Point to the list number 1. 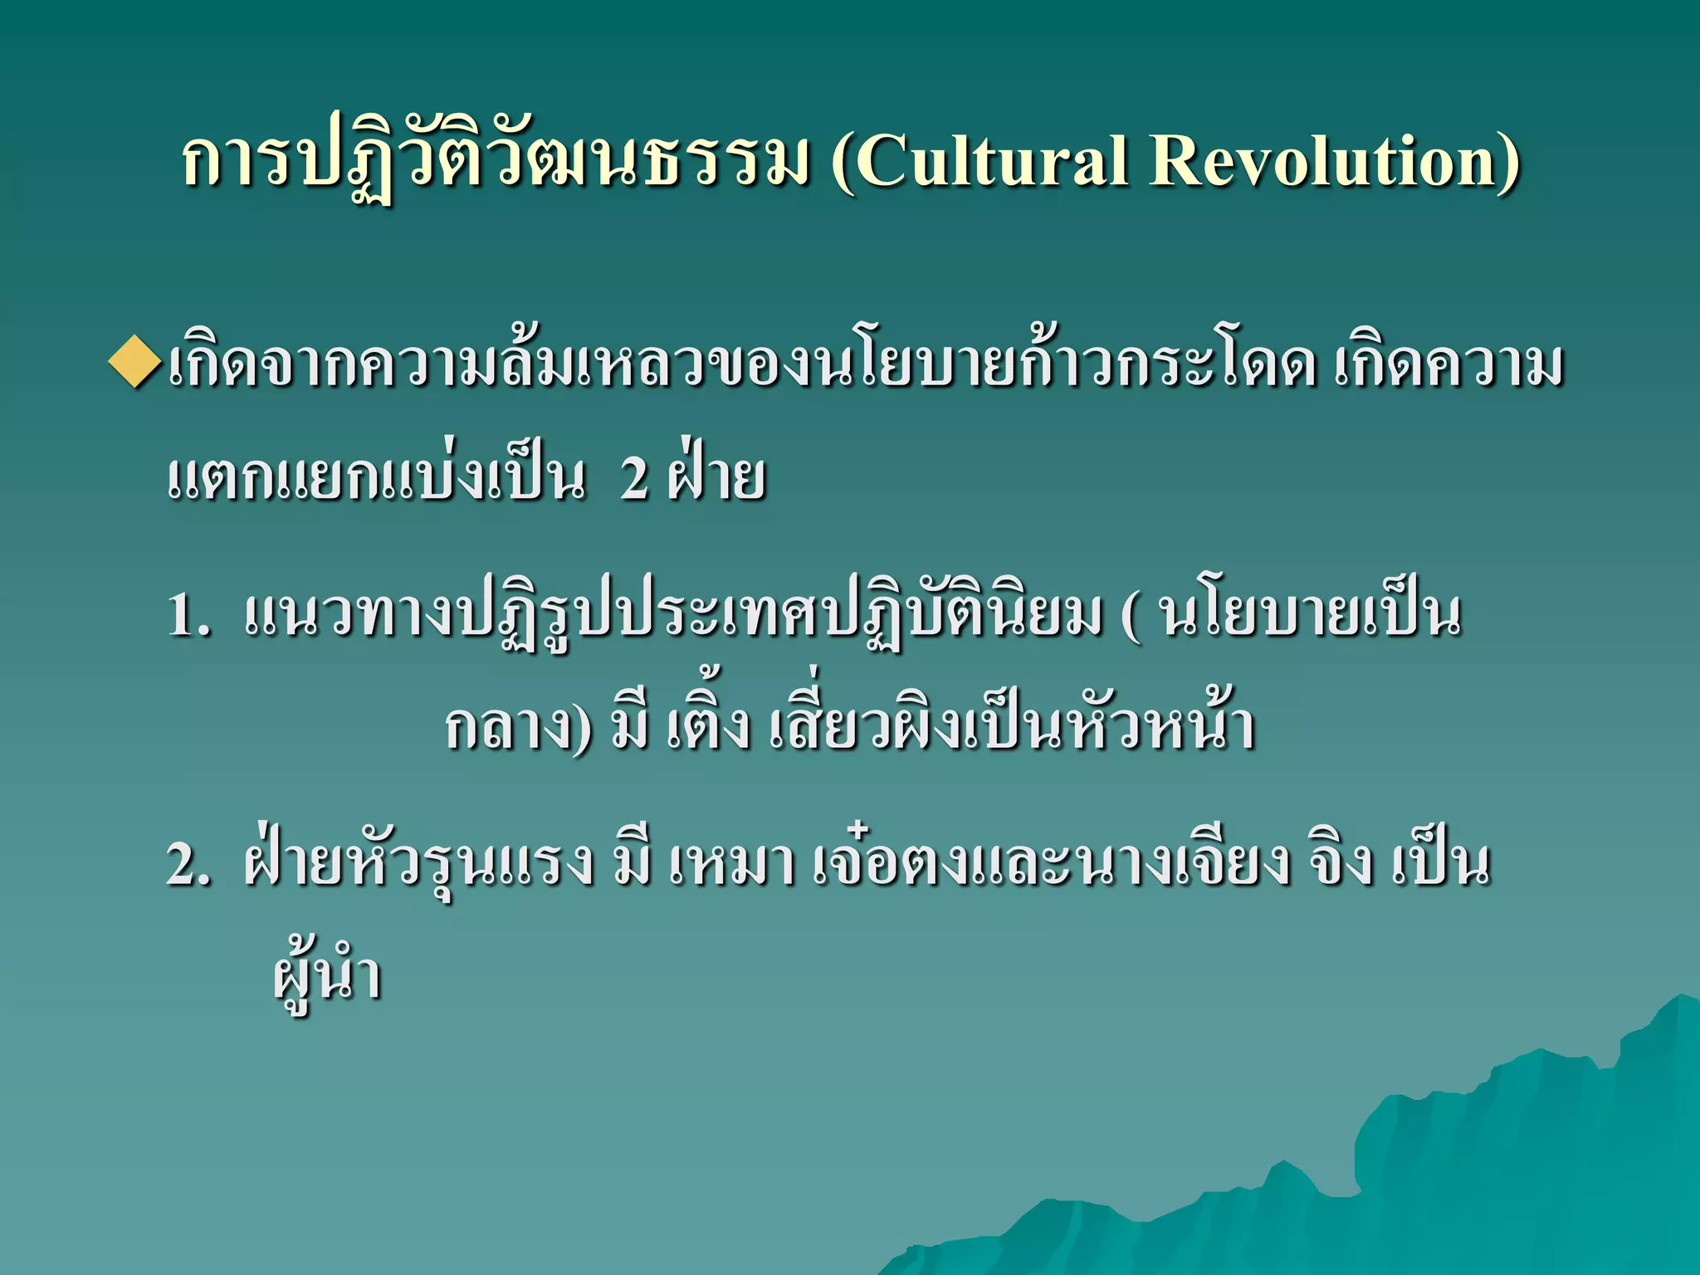tap(189, 615)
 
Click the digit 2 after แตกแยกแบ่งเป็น tap(634, 479)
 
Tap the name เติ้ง tap(708, 726)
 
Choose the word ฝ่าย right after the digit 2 tap(716, 479)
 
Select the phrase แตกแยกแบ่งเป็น tap(376, 479)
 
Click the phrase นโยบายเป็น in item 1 tap(1312, 615)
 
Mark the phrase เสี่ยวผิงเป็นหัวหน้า tap(1012, 726)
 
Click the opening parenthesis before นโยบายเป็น tap(1129, 617)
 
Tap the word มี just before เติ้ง tap(630, 726)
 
